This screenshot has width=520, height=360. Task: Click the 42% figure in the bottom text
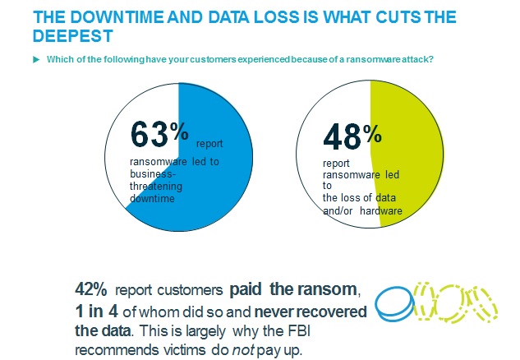tap(90, 289)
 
